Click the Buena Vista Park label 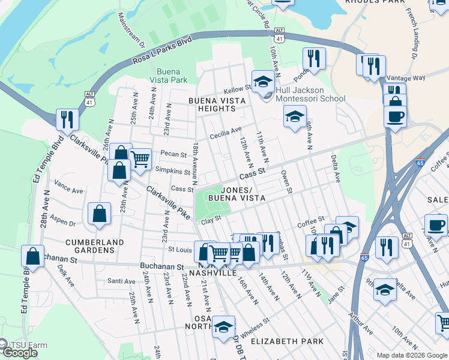pos(168,75)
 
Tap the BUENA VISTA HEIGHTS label pos(212,104)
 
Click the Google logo pos(19,353)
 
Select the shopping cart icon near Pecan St pos(140,160)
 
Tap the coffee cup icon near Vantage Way pos(396,116)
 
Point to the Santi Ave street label pos(121,281)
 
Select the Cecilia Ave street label pos(225,133)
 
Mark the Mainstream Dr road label pos(131,30)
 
